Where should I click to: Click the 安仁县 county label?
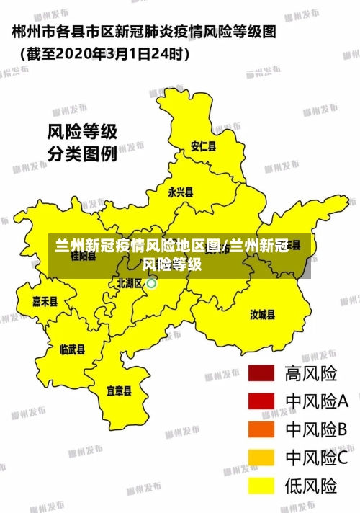click(203, 146)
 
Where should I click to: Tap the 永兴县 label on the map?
click(180, 192)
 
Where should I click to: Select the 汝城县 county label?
click(262, 314)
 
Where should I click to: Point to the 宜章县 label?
click(119, 391)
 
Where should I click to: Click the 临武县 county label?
click(72, 349)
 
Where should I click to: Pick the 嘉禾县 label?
click(45, 301)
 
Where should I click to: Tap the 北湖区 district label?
click(130, 283)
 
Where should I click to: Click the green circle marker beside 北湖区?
click(152, 283)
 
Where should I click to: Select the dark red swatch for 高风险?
click(261, 373)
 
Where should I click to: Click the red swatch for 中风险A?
click(261, 401)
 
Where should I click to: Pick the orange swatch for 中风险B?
click(261, 429)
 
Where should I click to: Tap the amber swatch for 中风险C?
click(261, 458)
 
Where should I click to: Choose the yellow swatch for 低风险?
click(261, 486)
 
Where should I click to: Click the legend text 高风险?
click(311, 373)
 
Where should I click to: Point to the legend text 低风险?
click(311, 486)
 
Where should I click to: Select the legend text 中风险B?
click(317, 429)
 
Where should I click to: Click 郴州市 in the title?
click(32, 32)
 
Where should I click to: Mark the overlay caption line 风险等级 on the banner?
click(172, 264)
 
